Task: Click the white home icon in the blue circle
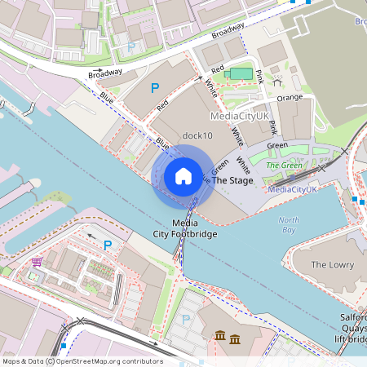[x=183, y=176]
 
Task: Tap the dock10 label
[x=197, y=135]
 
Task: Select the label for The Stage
[x=232, y=180]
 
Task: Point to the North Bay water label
[x=289, y=225]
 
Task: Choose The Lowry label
[x=330, y=265]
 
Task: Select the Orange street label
[x=290, y=98]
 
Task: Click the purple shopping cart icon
[x=37, y=262]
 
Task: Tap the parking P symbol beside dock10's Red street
[x=154, y=87]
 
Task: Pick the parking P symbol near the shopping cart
[x=106, y=245]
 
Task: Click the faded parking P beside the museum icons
[x=185, y=320]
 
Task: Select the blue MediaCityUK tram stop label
[x=293, y=189]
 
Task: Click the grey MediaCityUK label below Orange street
[x=240, y=117]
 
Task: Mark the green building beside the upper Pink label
[x=241, y=74]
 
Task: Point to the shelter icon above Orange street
[x=277, y=82]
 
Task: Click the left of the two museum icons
[x=220, y=337]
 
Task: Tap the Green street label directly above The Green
[x=277, y=146]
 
